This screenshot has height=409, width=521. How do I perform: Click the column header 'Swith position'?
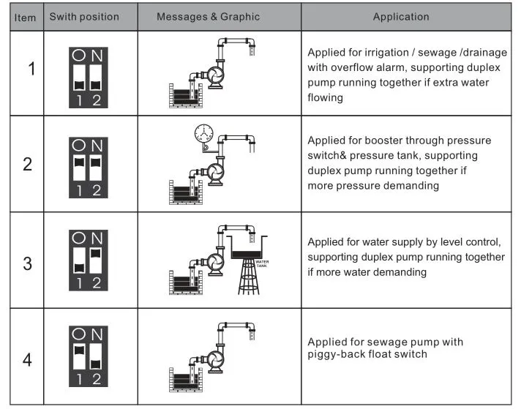pyautogui.click(x=84, y=17)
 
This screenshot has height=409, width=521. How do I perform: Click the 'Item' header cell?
pyautogui.click(x=25, y=17)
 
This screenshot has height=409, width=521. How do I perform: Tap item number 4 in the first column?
pyautogui.click(x=27, y=361)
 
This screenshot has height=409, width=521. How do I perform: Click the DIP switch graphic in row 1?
pyautogui.click(x=88, y=74)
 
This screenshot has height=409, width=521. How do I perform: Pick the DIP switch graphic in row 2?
pyautogui.click(x=88, y=166)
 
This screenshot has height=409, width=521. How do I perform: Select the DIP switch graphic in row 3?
pyautogui.click(x=88, y=260)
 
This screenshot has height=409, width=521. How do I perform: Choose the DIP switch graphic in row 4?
pyautogui.click(x=88, y=357)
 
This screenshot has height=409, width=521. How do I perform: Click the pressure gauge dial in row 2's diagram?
pyautogui.click(x=203, y=135)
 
